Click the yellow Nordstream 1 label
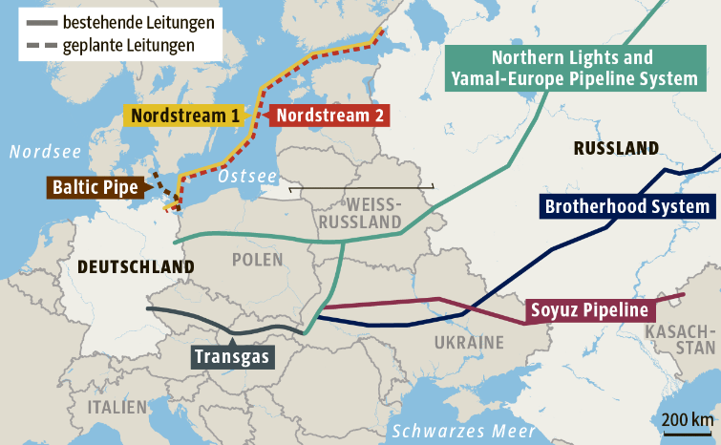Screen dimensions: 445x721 pos(185,116)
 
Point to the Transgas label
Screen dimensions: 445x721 pos(233,357)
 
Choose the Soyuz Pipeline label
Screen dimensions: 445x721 pos(589,310)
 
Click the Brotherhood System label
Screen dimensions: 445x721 pos(627,206)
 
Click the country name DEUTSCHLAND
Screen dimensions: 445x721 pos(137,266)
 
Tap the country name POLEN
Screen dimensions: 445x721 pos(257,261)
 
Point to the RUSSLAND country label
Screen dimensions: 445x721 pos(615,148)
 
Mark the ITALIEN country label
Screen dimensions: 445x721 pos(117,407)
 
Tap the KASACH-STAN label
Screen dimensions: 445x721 pos(679,339)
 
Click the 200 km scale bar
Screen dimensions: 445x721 pos(687,425)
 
